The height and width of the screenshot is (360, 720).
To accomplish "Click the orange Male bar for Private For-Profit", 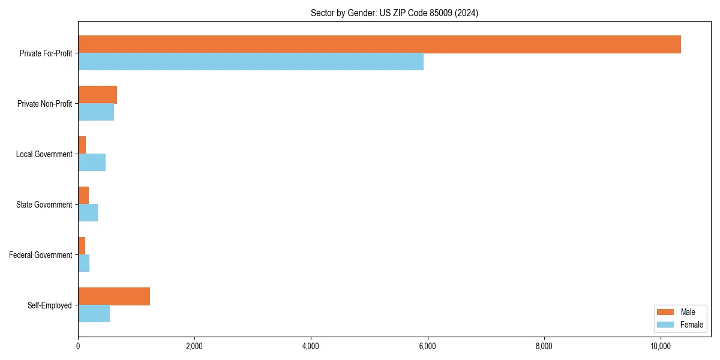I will click(x=379, y=44).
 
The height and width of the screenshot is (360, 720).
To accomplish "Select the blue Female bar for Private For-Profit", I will click(x=251, y=62).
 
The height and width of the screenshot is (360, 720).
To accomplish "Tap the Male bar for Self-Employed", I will click(x=114, y=296).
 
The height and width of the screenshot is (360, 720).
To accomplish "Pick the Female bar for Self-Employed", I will click(x=94, y=314).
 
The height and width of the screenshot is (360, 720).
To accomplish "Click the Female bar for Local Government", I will click(x=92, y=163).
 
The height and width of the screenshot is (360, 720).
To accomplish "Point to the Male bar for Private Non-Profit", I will click(x=97, y=95).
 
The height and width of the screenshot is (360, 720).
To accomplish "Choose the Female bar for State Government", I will click(x=88, y=213).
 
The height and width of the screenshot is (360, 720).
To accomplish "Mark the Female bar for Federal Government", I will click(x=84, y=263).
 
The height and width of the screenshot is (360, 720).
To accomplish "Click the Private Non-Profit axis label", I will click(x=44, y=104).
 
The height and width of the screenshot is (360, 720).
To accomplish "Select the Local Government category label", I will click(x=44, y=154).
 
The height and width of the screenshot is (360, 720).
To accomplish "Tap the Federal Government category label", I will click(x=41, y=255).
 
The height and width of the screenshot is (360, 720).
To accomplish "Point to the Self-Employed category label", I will click(x=50, y=305).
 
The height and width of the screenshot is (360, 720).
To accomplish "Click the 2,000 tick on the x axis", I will click(x=194, y=346).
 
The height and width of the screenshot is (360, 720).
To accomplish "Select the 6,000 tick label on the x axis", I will click(x=427, y=346).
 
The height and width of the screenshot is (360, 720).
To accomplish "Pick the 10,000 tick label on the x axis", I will click(x=660, y=346).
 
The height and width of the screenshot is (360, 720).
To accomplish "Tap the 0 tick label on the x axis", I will click(x=78, y=346).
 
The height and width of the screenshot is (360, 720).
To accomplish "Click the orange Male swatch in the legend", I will click(x=666, y=312).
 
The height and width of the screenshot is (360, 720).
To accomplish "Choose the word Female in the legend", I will click(x=692, y=325).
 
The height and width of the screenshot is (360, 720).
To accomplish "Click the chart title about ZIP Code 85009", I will click(x=394, y=13).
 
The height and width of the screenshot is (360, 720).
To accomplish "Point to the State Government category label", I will click(x=44, y=205).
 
